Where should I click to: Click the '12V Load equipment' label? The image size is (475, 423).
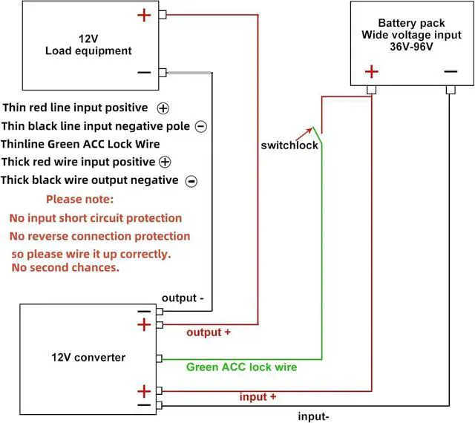[88, 45]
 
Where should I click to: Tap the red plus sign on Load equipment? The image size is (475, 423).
[144, 14]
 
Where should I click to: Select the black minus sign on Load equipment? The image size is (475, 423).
[144, 73]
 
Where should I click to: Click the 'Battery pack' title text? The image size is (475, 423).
[412, 23]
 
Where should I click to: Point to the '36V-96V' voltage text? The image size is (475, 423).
[412, 45]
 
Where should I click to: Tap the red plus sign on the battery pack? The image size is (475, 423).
[372, 71]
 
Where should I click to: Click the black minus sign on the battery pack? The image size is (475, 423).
[451, 71]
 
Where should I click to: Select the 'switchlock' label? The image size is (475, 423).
[289, 145]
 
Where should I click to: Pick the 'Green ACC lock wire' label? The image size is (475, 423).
[241, 367]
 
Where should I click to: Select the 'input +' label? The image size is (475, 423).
[258, 397]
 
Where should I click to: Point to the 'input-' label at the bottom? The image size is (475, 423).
[312, 416]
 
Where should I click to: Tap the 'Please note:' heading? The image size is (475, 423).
[79, 200]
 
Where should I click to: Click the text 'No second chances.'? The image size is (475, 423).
[65, 267]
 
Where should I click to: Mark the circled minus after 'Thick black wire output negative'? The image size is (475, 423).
[191, 180]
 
